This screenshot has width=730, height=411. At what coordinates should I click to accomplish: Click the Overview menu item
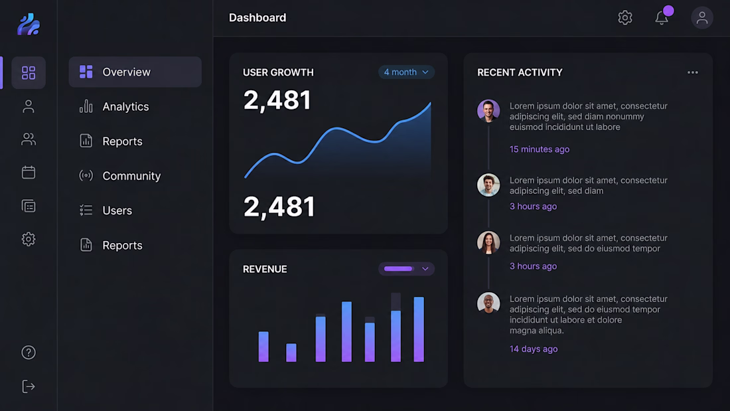[135, 72]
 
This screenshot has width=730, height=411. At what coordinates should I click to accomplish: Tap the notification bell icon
[662, 18]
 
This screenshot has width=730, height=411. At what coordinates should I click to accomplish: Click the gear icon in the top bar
[624, 18]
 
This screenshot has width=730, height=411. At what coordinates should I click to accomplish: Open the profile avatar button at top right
[702, 18]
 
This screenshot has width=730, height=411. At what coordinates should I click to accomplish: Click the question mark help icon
[29, 353]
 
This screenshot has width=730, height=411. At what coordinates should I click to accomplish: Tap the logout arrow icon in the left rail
[29, 386]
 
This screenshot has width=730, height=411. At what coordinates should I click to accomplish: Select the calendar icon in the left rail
[29, 173]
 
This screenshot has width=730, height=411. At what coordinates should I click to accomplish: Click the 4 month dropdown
[406, 72]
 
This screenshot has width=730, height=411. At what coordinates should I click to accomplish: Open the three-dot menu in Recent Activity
[693, 72]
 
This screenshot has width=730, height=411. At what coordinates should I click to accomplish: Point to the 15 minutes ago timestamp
[539, 149]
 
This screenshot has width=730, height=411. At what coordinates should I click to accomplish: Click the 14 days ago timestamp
[534, 349]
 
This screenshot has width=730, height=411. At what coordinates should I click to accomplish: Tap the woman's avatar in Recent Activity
[488, 242]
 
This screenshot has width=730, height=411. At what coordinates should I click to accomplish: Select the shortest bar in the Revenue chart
[291, 353]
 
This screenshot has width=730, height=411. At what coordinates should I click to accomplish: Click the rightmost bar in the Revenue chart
[419, 329]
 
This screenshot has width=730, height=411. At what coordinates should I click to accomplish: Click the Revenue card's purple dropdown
[406, 269]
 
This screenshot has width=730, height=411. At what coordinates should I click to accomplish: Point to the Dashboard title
[257, 18]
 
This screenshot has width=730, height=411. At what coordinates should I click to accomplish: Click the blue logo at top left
[29, 24]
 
